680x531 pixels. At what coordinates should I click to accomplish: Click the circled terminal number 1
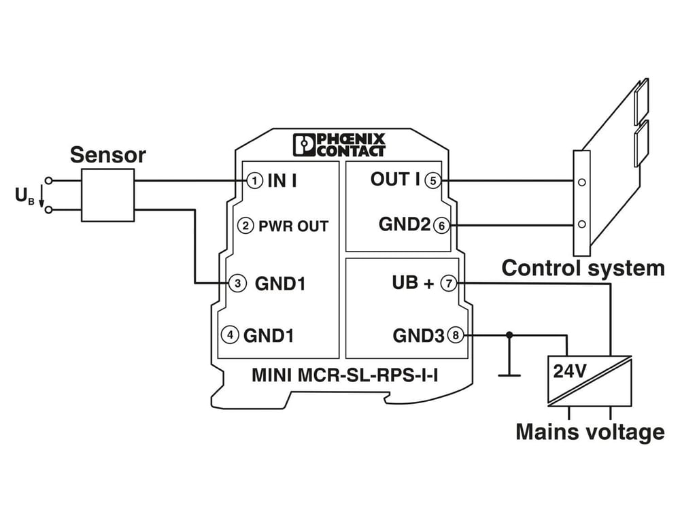255,180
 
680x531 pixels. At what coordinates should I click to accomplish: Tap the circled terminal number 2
245,226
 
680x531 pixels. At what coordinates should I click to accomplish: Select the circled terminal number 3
237,284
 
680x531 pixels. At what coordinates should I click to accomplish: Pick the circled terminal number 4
230,335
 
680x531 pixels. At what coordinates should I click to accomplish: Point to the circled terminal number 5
432,180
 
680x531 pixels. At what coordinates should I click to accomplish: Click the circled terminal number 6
441,226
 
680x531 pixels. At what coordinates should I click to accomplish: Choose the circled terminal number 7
449,284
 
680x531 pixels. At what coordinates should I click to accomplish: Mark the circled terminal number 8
456,335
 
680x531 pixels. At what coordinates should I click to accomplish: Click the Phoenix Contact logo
339,144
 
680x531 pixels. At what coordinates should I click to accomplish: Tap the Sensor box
108,195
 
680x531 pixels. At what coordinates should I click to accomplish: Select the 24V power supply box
590,381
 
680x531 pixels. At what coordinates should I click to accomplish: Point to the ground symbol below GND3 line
509,375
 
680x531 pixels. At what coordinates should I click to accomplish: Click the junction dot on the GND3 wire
509,335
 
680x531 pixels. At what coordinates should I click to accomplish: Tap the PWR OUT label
294,226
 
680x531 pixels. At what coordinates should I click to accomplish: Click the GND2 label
405,224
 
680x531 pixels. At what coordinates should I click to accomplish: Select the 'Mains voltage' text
590,432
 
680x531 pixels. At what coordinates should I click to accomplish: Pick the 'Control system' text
583,269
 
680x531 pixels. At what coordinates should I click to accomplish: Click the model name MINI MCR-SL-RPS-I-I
345,375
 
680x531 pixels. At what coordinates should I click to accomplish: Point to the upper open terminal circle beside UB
48,180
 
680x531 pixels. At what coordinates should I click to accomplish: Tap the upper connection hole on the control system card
582,182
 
